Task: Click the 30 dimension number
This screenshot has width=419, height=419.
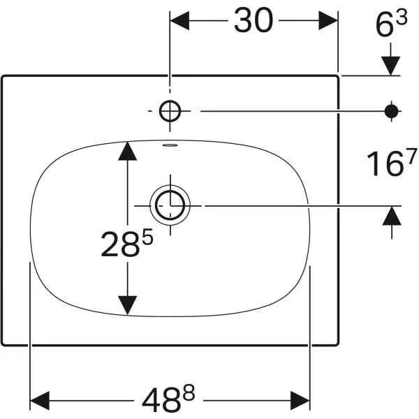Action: pos(253,20)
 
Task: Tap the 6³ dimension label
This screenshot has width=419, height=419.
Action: pos(392,23)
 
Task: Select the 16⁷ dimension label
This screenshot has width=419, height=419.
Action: pos(392,163)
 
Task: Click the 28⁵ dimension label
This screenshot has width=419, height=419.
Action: pos(127,242)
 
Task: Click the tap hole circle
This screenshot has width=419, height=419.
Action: pos(170,111)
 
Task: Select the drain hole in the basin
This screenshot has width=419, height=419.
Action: pos(170,206)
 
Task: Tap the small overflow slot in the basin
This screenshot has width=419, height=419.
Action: pos(170,145)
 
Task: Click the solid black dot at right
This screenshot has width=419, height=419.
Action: pos(392,111)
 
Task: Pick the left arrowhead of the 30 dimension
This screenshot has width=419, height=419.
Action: pos(179,20)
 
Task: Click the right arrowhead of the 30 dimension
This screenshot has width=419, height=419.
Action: pos(328,20)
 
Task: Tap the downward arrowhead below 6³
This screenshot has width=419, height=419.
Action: pos(390,66)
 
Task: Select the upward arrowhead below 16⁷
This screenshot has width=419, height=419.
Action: pos(392,216)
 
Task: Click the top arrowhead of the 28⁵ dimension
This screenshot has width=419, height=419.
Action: pos(128,152)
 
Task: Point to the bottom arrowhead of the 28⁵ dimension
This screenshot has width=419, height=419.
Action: pos(128,305)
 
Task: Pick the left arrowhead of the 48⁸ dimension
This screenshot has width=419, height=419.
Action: pos(40,401)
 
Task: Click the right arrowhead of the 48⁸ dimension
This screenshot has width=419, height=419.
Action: pos(300,401)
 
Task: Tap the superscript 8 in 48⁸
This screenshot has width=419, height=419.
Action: pos(189,392)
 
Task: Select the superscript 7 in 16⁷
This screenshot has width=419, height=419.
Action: pos(412,156)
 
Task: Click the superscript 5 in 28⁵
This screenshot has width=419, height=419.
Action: pos(148,236)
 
